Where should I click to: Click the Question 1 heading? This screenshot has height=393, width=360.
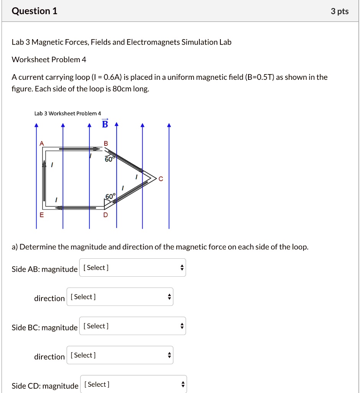coord(35,11)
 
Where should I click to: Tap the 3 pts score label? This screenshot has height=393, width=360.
coord(340,12)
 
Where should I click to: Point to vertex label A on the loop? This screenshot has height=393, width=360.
coord(42,143)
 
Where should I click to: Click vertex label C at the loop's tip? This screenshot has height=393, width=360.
coord(161,178)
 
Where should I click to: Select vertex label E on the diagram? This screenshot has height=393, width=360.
coord(42,215)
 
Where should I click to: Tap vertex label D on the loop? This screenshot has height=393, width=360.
coord(105,215)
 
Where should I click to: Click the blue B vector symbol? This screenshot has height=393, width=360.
coord(105,124)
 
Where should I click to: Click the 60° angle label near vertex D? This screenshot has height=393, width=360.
coord(110,196)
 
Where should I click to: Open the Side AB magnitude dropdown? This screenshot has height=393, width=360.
coord(132,268)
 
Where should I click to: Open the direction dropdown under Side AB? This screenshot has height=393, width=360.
coord(120,297)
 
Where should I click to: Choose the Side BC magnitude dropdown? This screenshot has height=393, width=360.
coord(132,326)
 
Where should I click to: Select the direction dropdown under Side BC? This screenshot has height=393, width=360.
coord(120,355)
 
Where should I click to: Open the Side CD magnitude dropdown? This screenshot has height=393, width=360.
coord(133,384)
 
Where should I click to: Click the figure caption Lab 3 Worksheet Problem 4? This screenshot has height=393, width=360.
coord(67,113)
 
